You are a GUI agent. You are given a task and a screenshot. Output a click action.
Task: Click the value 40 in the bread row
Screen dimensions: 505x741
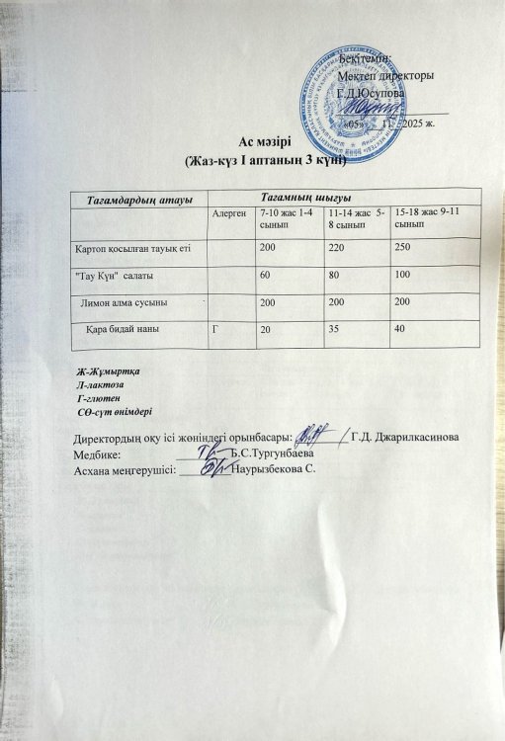click(x=399, y=328)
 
